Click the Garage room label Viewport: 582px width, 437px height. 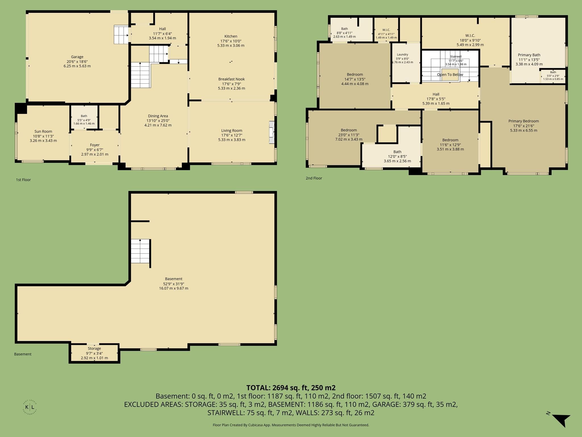coord(77,57)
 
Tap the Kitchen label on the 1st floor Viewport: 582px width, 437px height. coord(231,36)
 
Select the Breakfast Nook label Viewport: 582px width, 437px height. coord(231,79)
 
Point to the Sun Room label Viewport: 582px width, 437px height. coord(43,131)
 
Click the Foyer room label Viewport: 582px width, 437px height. coord(95,145)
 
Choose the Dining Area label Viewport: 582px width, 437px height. coord(158,116)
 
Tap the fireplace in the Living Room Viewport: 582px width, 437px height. coord(272,133)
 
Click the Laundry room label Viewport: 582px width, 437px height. coord(402,55)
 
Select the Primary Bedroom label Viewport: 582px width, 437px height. coord(523,121)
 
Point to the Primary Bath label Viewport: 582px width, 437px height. coord(529,55)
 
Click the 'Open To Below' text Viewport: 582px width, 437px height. coord(450,75)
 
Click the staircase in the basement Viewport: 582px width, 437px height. coord(140,251)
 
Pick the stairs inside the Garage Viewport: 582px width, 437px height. coord(121,35)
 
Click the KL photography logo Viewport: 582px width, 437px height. coord(30,407)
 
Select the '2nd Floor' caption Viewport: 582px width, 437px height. coord(314,178)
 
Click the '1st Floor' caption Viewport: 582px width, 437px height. coord(23,180)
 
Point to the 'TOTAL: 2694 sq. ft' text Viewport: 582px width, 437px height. coord(277,388)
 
